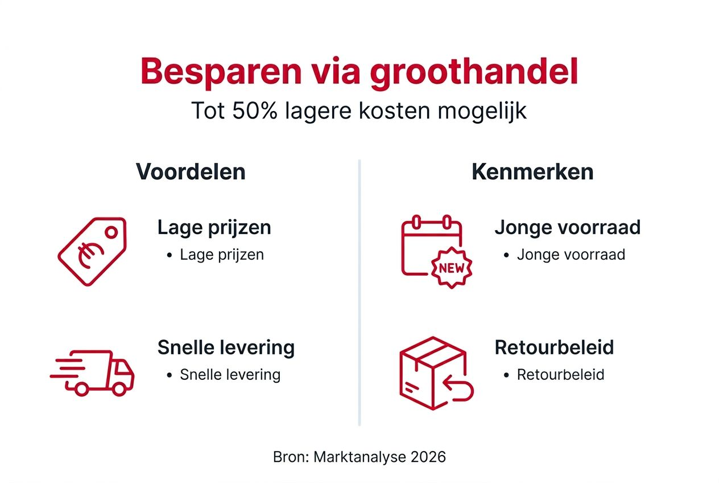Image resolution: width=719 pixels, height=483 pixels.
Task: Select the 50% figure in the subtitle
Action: point(254,111)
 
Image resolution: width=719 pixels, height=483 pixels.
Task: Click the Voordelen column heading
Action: point(191,172)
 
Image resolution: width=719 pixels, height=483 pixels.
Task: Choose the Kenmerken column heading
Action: point(532,172)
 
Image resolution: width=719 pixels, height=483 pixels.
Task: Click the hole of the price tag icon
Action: point(111,231)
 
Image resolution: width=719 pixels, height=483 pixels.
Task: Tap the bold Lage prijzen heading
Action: point(214,227)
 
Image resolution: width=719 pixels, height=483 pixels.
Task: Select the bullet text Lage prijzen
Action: point(222,254)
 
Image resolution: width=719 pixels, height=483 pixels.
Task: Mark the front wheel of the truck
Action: point(120,388)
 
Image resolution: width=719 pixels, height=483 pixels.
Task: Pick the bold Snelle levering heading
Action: point(226,347)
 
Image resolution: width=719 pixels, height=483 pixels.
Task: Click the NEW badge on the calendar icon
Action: point(452,268)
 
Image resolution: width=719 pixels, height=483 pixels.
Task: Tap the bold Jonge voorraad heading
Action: point(567,227)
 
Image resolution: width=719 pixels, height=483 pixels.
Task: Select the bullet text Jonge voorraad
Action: point(571,254)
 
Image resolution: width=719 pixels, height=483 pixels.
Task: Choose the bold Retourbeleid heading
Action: point(554,347)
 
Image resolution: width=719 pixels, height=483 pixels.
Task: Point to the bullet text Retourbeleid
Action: point(560,374)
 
